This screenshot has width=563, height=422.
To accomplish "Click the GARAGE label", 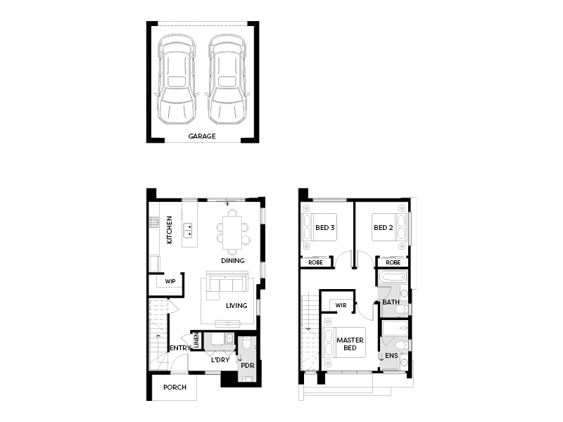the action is (202, 136).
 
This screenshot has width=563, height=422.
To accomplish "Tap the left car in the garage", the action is (177, 79).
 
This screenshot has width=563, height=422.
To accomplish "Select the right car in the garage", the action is (227, 79).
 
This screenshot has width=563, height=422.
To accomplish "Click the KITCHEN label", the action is (170, 230).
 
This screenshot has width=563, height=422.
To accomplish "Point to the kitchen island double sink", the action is (188, 231).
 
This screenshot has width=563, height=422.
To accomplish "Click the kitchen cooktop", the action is (154, 222).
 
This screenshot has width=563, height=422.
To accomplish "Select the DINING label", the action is (233, 260).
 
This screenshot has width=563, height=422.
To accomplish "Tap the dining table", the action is (232, 232).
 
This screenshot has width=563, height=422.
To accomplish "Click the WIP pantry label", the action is (170, 281).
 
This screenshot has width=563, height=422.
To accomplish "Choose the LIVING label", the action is (236, 306).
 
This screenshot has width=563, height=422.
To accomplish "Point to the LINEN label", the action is (196, 340).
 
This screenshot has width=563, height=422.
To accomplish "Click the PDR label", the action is (248, 365).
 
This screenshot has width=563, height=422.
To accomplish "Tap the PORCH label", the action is (175, 388).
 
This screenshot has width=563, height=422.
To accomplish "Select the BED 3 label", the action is (324, 227).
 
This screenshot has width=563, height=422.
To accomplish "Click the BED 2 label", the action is (383, 227).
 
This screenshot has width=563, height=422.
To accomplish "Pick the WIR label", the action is (341, 305).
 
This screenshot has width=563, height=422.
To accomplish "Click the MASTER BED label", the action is (350, 344).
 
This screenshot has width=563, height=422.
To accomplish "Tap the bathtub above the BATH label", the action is (393, 277).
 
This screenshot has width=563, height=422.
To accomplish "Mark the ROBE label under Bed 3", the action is (315, 262).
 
